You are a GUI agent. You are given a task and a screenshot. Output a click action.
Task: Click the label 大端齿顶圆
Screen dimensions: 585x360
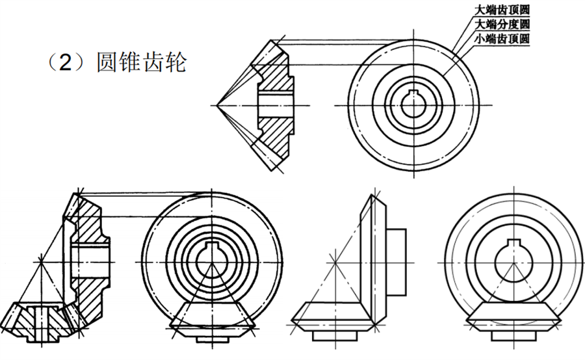click(x=502, y=10)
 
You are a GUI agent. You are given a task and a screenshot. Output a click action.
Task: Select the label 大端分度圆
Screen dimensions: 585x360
click(x=502, y=24)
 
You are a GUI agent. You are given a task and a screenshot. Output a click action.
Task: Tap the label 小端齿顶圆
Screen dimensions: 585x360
click(x=502, y=38)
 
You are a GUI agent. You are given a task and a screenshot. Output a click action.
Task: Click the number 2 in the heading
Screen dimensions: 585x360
click(x=65, y=62)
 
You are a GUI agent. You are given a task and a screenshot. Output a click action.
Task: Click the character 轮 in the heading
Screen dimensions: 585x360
click(x=175, y=62)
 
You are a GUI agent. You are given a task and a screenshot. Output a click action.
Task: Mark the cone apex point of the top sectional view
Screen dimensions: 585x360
click(x=216, y=105)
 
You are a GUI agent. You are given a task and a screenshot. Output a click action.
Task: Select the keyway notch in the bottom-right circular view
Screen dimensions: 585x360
click(x=513, y=242)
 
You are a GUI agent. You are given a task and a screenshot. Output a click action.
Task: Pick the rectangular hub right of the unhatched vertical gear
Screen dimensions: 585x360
click(x=396, y=263)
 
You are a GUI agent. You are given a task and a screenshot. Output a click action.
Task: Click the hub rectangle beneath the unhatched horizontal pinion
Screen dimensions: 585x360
click(x=335, y=335)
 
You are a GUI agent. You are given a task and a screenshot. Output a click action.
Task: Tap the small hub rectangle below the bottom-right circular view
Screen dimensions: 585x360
click(x=513, y=335)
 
